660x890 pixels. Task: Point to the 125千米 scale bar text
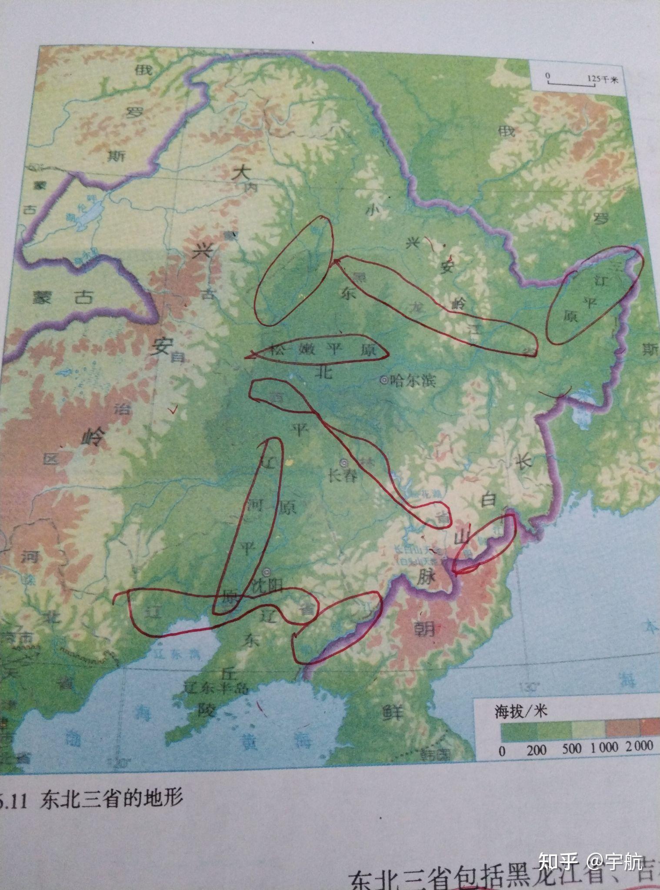[x=602, y=79]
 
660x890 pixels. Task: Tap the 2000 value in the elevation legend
[x=639, y=746]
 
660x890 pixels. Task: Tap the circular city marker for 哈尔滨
[x=384, y=381]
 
